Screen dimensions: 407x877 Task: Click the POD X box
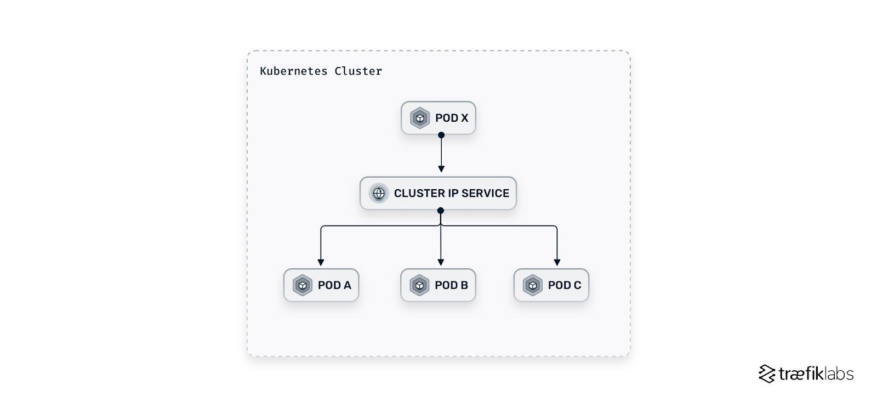438,118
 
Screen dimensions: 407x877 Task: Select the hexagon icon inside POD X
420,118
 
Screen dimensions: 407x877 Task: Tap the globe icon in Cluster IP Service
378,193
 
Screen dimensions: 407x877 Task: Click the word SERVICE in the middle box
485,193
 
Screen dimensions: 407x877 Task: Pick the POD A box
321,285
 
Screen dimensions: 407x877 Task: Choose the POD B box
438,285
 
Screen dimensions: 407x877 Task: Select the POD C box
551,285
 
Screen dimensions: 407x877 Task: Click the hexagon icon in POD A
303,285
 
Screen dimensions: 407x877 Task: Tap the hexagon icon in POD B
419,285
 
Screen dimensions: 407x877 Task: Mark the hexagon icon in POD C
532,285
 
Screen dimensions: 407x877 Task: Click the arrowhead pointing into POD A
321,262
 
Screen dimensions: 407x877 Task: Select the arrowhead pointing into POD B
441,262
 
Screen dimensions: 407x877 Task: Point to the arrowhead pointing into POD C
557,262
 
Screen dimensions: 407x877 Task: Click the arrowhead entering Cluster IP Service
441,169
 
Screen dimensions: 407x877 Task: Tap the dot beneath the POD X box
441,135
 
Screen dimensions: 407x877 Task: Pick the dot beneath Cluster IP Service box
441,210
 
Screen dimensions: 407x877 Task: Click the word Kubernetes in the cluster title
293,71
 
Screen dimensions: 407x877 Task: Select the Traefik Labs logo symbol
766,374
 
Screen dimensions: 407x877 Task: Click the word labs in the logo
839,374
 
